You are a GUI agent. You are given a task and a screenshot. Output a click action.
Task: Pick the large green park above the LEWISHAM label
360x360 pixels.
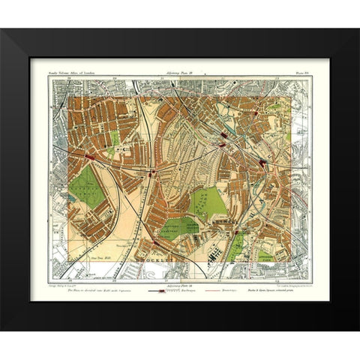pyautogui.click(x=206, y=202)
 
